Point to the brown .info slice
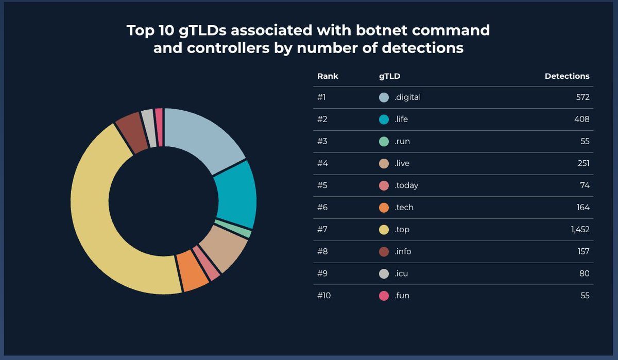pos(130,131)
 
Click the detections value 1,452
pos(580,230)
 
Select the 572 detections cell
pos(582,97)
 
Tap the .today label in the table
pos(406,185)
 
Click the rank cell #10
pos(323,296)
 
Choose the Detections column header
pos(567,76)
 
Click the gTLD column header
pos(389,76)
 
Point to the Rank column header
pos(328,76)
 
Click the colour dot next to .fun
pos(384,296)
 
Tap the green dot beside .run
pos(384,142)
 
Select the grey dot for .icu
pos(384,273)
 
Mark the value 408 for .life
pos(582,119)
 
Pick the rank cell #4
pos(322,164)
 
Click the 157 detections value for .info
pos(583,252)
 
